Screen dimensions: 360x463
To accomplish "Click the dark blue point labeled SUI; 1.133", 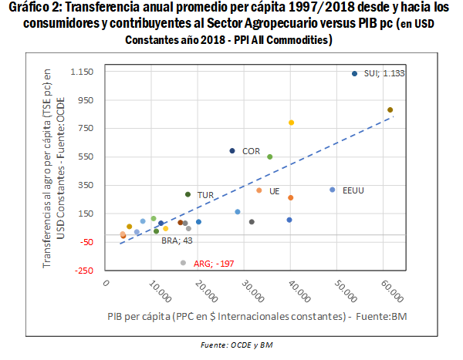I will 354,74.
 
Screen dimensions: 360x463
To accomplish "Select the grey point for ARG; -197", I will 183,263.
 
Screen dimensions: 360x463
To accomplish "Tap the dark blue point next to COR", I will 232,151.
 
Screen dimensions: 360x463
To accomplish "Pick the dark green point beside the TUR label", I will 188,194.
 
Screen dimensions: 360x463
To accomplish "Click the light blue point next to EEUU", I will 333,190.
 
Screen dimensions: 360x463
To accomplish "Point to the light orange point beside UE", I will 259,190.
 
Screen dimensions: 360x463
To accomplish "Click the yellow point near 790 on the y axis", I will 291,123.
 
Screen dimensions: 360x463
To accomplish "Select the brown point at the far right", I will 390,110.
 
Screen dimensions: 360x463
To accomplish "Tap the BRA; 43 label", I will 176,241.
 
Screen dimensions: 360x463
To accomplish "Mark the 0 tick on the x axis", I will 107,284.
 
